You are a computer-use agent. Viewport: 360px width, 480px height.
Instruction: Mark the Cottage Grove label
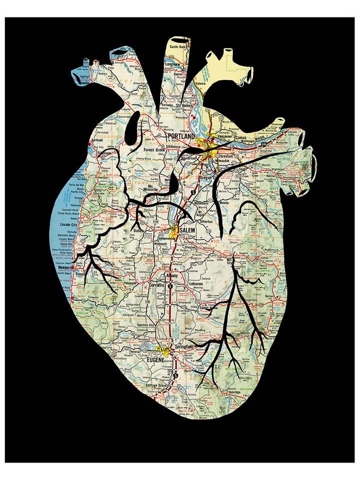pos(156,386)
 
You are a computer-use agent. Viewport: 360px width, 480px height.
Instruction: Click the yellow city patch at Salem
pos(175,230)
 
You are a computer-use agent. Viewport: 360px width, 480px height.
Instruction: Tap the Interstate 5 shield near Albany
pos(170,286)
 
